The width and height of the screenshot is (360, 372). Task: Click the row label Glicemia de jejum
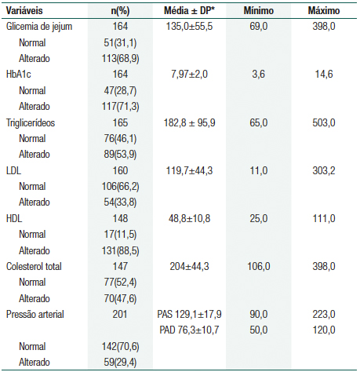[x=39, y=26]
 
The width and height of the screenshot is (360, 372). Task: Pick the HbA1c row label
[x=19, y=74]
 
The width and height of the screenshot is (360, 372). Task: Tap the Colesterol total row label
[x=35, y=266]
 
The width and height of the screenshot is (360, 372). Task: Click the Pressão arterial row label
[x=36, y=315]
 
